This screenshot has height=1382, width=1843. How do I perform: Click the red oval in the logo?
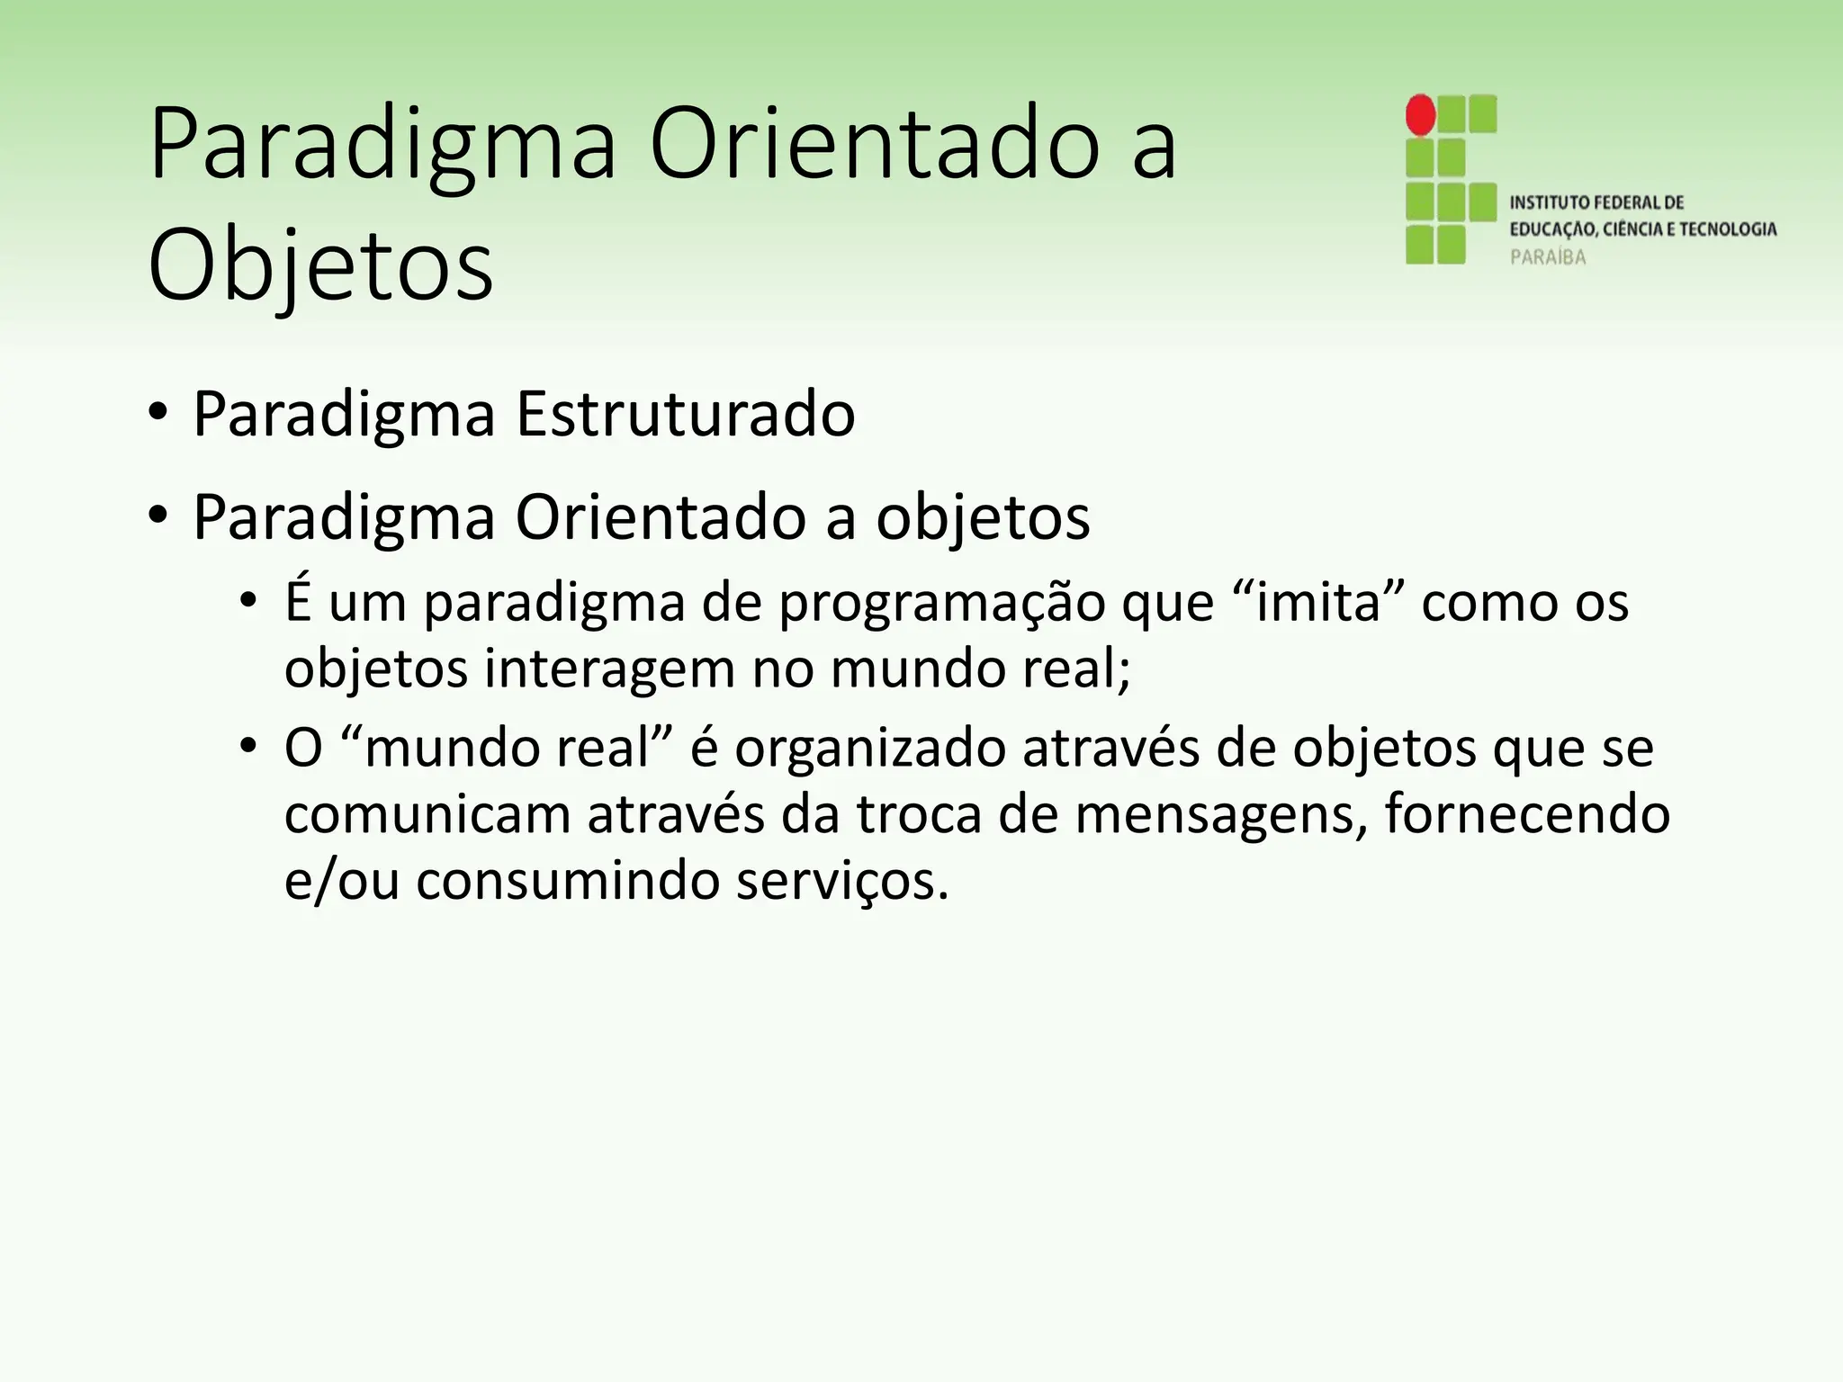pos(1420,115)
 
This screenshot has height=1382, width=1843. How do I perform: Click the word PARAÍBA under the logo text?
pos(1548,257)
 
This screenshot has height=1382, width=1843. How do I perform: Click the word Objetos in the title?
pos(320,266)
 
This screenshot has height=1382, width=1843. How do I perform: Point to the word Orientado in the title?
pos(874,145)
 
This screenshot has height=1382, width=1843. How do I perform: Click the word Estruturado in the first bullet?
pos(685,415)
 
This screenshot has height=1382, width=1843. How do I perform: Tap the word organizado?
pos(869,749)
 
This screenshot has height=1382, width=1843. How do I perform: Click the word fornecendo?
pos(1526,813)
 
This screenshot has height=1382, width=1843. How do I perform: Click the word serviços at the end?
pos(842,881)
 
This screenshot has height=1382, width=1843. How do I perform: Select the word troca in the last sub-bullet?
pos(917,814)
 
